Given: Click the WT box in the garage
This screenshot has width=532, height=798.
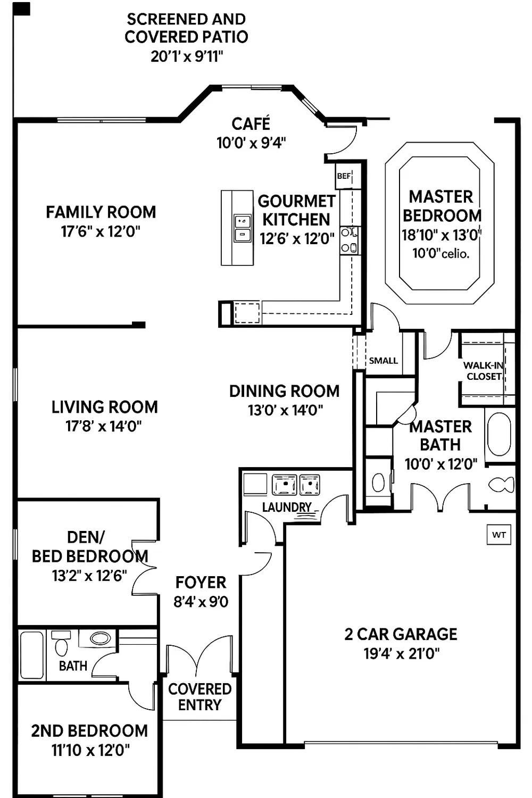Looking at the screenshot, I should pos(498,535).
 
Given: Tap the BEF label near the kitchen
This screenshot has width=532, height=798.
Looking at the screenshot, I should pos(344,176).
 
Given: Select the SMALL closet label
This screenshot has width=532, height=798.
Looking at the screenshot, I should pos(383,361).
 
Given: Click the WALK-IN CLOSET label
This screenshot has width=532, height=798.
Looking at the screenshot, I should pos(483,371).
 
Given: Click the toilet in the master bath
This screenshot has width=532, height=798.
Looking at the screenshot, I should pos(501,485).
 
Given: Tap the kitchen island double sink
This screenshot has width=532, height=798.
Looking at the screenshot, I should pos(242,228).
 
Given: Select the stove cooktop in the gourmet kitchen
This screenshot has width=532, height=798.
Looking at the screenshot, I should pos(349,240).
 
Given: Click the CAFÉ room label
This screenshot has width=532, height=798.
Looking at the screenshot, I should pos(251,124).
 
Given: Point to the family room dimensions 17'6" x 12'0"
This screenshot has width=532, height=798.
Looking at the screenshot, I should pos(101,231).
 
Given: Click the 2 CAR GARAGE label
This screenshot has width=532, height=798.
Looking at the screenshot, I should pos(401,634).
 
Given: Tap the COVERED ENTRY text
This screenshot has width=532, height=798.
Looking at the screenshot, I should pos(199,697).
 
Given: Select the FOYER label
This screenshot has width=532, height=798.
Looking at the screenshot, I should pos(201,583).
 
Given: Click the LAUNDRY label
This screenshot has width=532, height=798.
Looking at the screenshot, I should pos(286,507).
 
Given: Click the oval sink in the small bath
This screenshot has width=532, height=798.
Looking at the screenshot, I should pos(100,638).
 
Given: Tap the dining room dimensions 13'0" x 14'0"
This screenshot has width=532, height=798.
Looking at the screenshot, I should pos(285,410).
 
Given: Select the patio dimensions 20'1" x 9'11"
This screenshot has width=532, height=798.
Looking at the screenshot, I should pos(186,56).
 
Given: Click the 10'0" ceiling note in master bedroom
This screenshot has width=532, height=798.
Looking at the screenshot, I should pos(440,254).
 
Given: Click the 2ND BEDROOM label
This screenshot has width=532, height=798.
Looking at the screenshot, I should pos(89,731).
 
